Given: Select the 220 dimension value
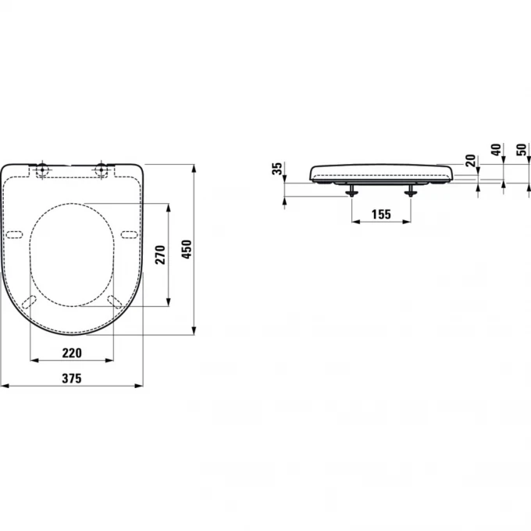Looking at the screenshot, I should click(71, 352).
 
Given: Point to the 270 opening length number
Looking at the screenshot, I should click(160, 255).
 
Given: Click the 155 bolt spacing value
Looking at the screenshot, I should click(380, 212).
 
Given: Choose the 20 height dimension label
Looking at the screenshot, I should click(470, 160).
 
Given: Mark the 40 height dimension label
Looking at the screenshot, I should click(495, 151).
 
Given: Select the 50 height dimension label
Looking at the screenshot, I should click(521, 151).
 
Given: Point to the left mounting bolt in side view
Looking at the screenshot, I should click(351, 191).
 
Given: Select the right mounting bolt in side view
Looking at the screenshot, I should click(411, 191).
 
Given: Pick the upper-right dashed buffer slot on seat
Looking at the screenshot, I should click(130, 234).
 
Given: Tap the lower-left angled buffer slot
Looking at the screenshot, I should click(30, 301).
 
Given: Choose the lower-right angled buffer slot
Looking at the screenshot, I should click(115, 301).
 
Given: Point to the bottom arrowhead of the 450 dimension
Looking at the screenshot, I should click(194, 331).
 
